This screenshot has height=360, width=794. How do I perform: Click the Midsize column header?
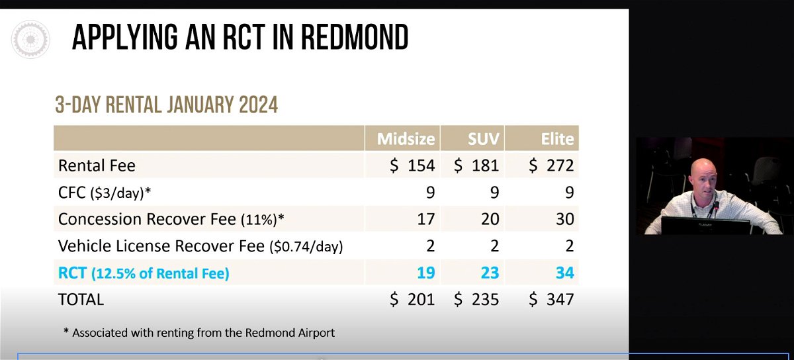406,139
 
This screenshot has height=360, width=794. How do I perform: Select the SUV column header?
484,139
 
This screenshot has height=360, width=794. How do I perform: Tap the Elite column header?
557,139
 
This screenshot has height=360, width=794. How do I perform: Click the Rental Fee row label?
97,165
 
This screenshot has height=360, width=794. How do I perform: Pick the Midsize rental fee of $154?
412,165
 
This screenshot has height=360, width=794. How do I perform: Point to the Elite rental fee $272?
551,165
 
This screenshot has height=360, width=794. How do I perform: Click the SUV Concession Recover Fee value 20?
490,219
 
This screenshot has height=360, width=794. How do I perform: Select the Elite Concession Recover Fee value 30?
565,219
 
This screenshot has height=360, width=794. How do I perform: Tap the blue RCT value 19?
426,273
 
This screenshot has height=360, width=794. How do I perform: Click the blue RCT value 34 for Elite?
565,273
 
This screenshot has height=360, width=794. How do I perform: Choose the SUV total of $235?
476,299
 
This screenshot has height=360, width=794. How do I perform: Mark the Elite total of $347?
551,299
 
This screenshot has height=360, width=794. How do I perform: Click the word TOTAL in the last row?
81,300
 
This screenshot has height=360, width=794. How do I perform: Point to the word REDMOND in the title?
355,37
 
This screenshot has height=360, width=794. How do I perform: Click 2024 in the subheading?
259,105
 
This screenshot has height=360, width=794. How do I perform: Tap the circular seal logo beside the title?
30,39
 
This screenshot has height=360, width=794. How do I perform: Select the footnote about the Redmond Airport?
199,333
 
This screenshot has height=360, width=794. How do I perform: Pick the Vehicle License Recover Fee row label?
200,246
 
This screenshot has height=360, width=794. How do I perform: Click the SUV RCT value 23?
490,273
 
